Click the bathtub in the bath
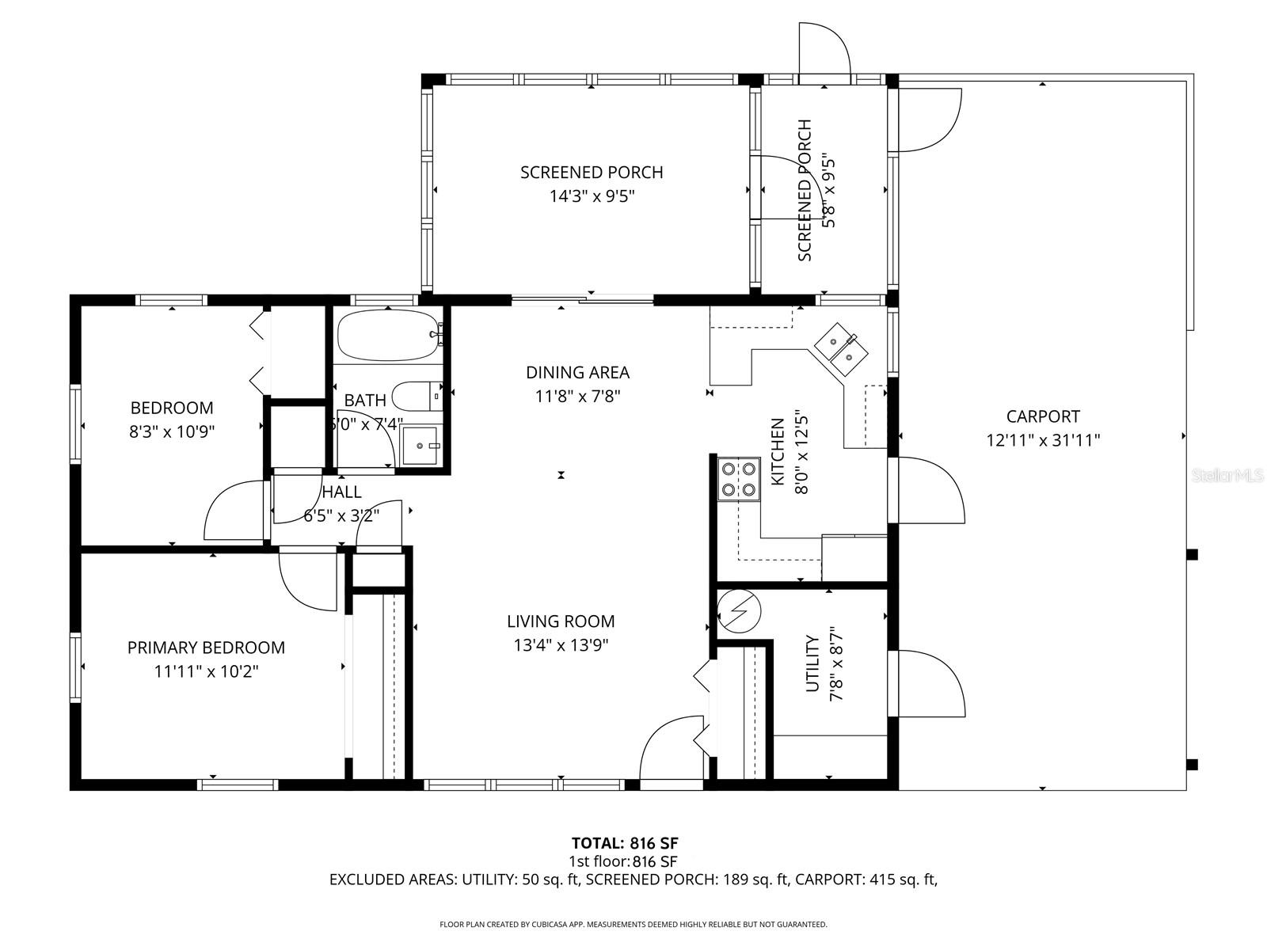pyautogui.click(x=388, y=336)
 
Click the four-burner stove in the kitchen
pyautogui.click(x=738, y=479)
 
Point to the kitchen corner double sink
pyautogui.click(x=841, y=348)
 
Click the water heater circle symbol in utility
pyautogui.click(x=739, y=612)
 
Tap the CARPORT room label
pyautogui.click(x=1043, y=416)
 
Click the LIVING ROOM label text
pyautogui.click(x=561, y=621)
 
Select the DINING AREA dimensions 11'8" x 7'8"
pyautogui.click(x=577, y=396)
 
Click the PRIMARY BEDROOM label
pyautogui.click(x=206, y=648)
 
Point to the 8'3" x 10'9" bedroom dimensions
pyautogui.click(x=172, y=431)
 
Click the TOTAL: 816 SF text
pyautogui.click(x=625, y=842)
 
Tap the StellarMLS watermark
pyautogui.click(x=1231, y=475)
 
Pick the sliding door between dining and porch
pyautogui.click(x=583, y=299)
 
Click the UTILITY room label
pyautogui.click(x=812, y=663)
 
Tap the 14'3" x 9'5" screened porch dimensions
pyautogui.click(x=592, y=196)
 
